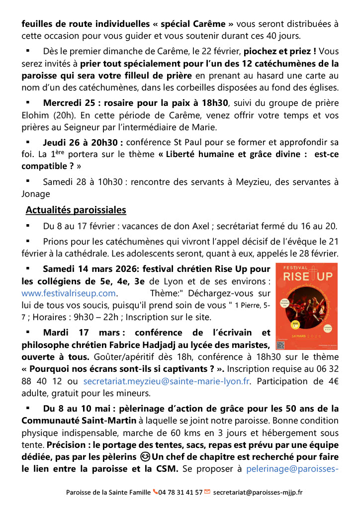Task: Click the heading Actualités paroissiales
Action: pyautogui.click(x=76, y=210)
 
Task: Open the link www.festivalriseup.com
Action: pyautogui.click(x=69, y=293)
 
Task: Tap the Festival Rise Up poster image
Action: pyautogui.click(x=307, y=306)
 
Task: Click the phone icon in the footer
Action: pyautogui.click(x=155, y=492)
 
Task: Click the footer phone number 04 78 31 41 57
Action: pyautogui.click(x=180, y=492)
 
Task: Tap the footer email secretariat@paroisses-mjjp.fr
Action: pyautogui.click(x=258, y=492)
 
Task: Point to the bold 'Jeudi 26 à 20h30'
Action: pyautogui.click(x=83, y=142)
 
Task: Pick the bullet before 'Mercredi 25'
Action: pyautogui.click(x=28, y=103)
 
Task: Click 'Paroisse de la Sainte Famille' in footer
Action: pyautogui.click(x=108, y=492)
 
